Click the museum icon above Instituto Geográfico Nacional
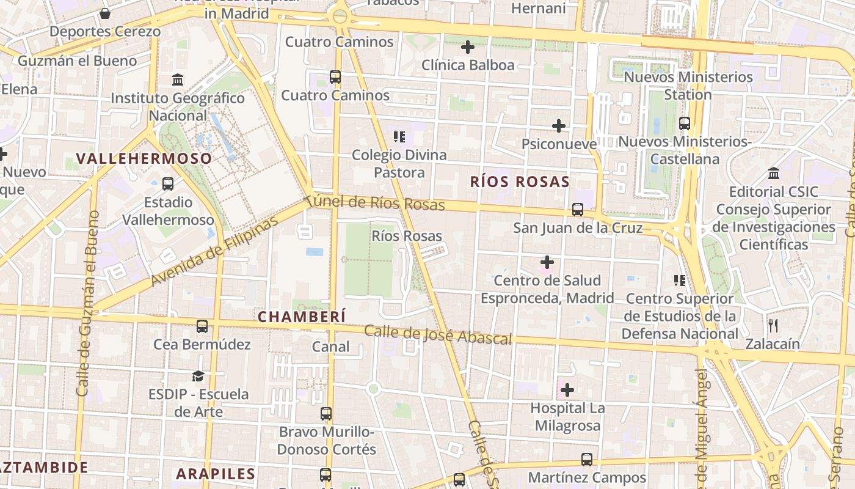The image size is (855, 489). click(x=178, y=79)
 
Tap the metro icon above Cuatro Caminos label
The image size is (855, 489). click(x=335, y=77)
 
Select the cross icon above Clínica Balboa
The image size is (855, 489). click(x=468, y=46)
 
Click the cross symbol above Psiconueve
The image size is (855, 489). click(x=559, y=126)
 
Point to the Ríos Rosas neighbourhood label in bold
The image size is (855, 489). click(x=520, y=182)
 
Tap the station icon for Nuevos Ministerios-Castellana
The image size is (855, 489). click(x=685, y=123)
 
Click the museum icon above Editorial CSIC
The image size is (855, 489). click(x=774, y=173)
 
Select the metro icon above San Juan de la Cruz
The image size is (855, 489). click(x=578, y=210)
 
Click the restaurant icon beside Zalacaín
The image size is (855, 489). click(x=773, y=325)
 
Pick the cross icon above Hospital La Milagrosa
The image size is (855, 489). click(x=567, y=389)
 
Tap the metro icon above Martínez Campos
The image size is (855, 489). click(x=587, y=459)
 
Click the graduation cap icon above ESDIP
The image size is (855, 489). click(x=198, y=376)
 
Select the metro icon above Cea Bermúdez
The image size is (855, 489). click(x=202, y=326)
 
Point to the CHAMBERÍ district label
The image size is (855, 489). click(x=302, y=317)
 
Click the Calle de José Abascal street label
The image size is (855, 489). click(x=438, y=335)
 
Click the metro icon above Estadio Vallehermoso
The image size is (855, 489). click(x=168, y=183)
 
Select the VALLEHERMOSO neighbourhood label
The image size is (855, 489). click(x=144, y=159)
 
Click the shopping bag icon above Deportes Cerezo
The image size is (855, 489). click(x=105, y=13)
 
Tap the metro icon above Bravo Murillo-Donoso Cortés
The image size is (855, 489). click(x=326, y=414)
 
